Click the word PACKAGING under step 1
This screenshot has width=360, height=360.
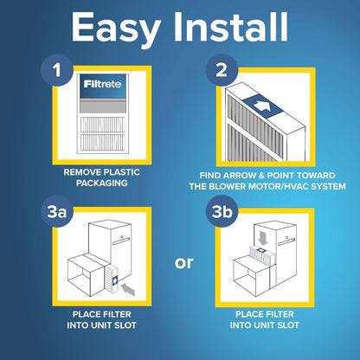pyautogui.click(x=102, y=184)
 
